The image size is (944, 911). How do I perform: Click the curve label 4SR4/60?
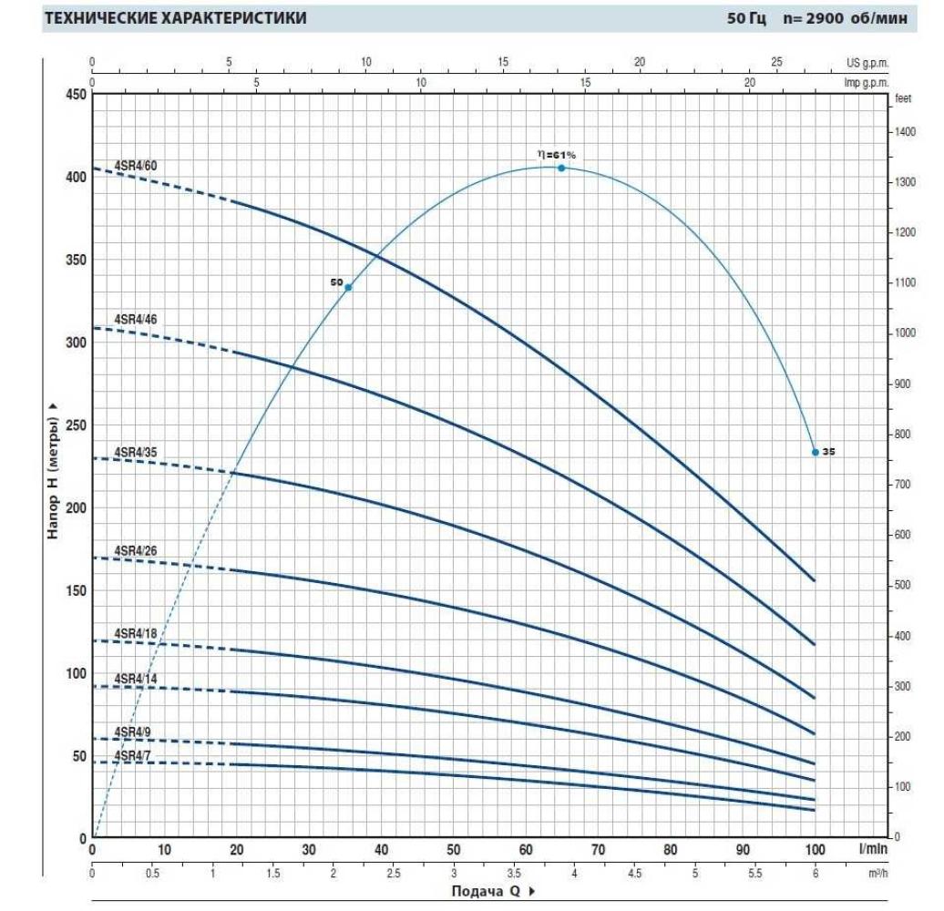pos(136,165)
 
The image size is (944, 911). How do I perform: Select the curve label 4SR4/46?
pos(136,319)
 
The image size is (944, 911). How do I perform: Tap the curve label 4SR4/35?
pos(136,452)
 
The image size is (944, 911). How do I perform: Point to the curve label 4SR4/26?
pos(136,550)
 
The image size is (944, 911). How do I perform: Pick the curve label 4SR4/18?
pos(136,633)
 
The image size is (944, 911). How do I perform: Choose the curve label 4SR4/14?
pos(136,679)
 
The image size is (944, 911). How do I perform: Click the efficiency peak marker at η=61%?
pos(561,168)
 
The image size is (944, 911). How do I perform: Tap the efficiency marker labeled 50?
pos(348,287)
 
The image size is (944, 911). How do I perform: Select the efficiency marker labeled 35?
pos(816,452)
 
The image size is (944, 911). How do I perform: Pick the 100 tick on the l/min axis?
pos(816,850)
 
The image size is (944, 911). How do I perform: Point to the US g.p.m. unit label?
pos(867,62)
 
